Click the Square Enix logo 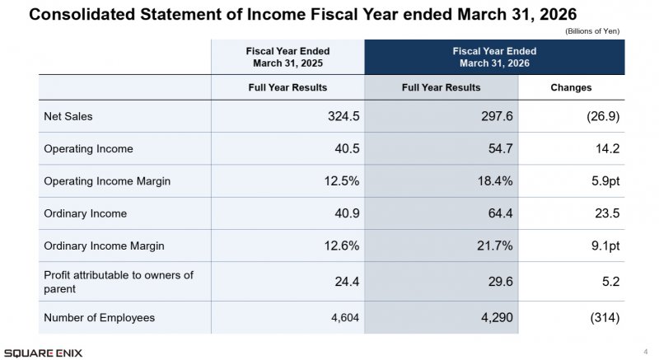[44, 353]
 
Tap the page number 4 [646, 352]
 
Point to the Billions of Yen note [592, 31]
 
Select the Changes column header [571, 87]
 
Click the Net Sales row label [68, 116]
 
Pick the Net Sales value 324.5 [344, 116]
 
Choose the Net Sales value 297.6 [497, 116]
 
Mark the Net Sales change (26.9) [603, 116]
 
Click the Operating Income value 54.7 [501, 148]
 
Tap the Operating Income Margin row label [107, 181]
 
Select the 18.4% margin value [495, 181]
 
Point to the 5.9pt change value [605, 181]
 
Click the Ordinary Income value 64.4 [501, 213]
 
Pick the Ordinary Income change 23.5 [607, 213]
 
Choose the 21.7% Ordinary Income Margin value [495, 245]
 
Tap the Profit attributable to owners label [119, 282]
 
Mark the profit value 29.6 [501, 282]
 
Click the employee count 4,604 [345, 317]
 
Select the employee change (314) [605, 317]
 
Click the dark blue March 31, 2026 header [495, 57]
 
